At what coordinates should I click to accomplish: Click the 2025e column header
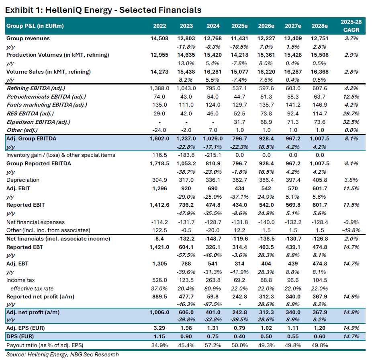click(239, 26)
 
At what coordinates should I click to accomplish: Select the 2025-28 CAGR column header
click(350, 26)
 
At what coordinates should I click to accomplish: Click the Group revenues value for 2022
click(160, 39)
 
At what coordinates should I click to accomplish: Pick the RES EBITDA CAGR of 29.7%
click(350, 113)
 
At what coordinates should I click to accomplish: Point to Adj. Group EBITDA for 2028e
click(319, 139)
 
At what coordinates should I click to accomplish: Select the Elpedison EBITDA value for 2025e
click(239, 122)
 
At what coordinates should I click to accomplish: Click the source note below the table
click(63, 355)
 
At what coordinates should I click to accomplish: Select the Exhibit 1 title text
click(103, 9)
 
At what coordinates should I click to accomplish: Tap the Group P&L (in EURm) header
click(35, 26)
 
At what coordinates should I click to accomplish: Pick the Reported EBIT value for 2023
click(186, 205)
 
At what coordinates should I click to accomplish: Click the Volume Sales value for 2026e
click(266, 72)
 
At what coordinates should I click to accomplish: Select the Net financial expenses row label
click(35, 222)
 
